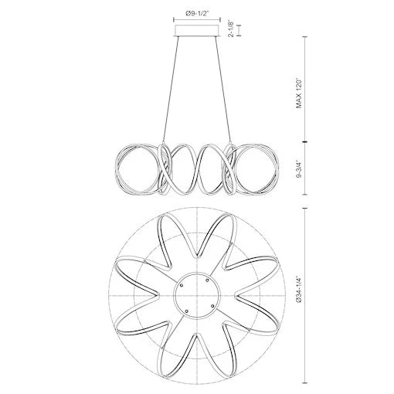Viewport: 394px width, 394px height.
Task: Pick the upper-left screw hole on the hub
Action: click(x=181, y=284)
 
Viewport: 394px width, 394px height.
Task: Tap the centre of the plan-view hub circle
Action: click(x=196, y=296)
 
